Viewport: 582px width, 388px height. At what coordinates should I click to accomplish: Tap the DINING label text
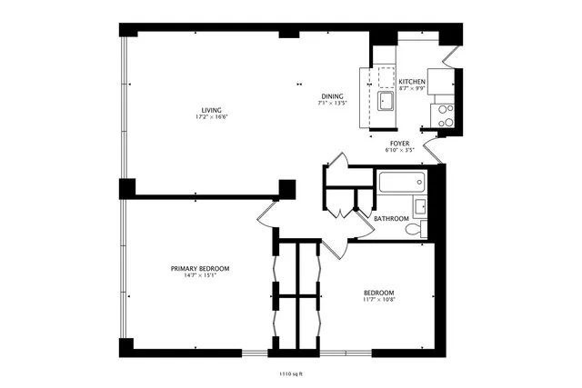(332, 96)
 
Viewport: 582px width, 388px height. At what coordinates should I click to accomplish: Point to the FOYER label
(399, 143)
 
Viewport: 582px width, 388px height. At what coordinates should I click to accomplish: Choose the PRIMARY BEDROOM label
(200, 268)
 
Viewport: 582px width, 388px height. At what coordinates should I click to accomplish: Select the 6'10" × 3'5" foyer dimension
(399, 150)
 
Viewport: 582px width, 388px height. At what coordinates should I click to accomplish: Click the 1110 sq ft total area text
(290, 373)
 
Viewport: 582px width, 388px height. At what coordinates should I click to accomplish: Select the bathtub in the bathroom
(399, 185)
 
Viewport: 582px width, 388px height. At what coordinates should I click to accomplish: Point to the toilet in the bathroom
(415, 230)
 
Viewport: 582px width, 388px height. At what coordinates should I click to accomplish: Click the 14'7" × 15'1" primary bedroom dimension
(200, 275)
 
